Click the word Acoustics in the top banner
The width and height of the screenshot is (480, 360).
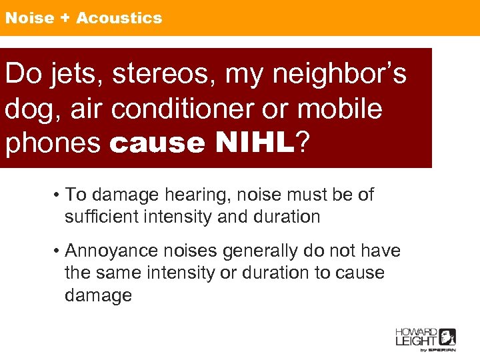[119, 18]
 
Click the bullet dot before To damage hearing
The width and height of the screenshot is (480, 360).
[58, 195]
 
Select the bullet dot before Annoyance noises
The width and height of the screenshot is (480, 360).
[58, 251]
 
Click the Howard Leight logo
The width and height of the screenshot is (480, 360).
[425, 339]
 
